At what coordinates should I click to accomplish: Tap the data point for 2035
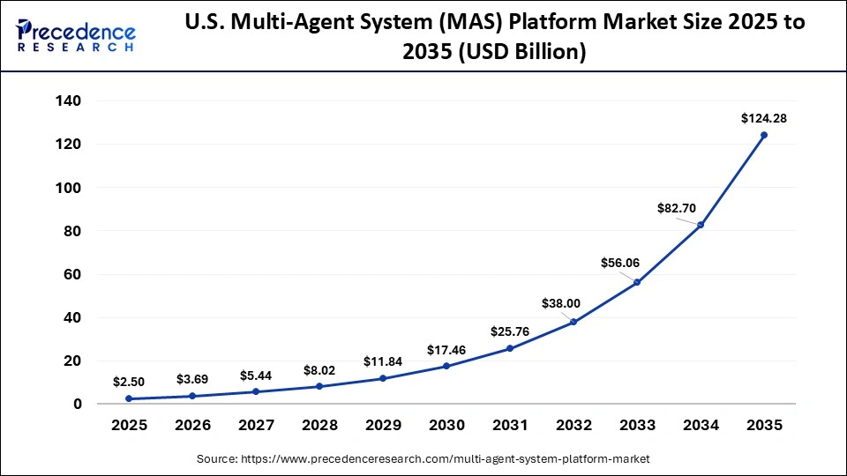(763, 135)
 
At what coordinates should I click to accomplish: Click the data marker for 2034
(701, 225)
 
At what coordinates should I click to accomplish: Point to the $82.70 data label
(677, 208)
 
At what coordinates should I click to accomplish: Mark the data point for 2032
(573, 322)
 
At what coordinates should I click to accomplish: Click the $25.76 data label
(511, 331)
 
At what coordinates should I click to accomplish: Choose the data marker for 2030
(446, 366)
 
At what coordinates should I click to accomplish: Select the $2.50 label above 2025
(130, 382)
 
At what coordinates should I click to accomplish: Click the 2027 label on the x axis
(256, 426)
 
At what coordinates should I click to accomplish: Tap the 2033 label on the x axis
(637, 426)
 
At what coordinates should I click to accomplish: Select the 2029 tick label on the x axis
(383, 426)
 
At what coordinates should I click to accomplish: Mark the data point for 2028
(319, 386)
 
